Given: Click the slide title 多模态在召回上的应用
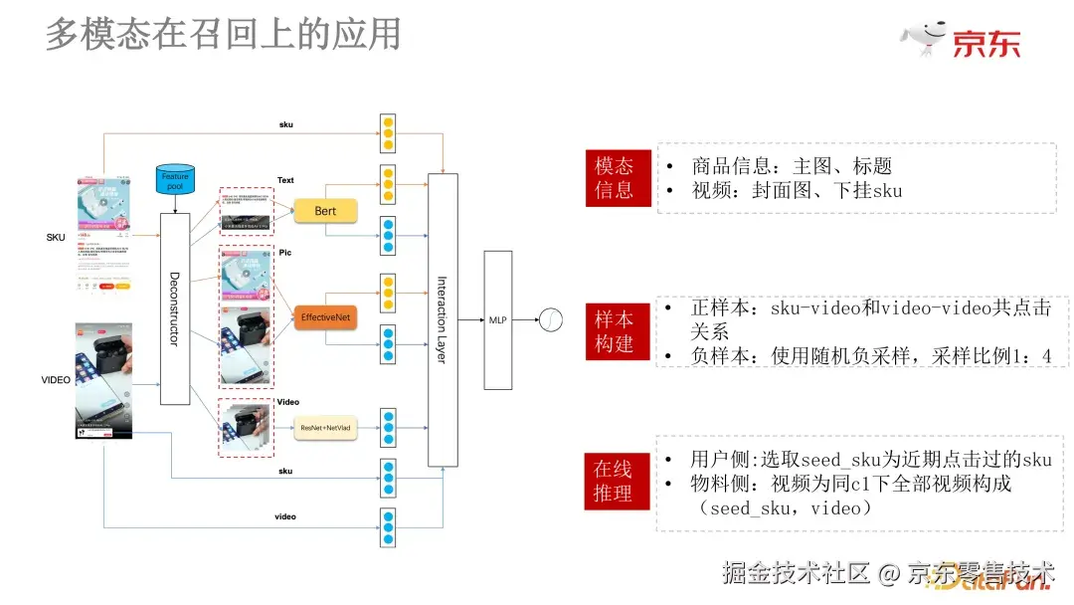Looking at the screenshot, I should pos(224,34).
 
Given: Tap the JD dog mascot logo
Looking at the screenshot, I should pos(924,38).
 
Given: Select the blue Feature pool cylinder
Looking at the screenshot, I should pos(175,181).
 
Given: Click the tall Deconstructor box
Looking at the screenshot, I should pos(175,308).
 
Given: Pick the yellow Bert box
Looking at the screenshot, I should pos(325,211).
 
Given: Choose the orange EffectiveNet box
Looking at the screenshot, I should pos(325,317).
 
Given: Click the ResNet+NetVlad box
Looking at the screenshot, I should pos(325,429).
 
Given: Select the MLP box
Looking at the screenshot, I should pos(497,319).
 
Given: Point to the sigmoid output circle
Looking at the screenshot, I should pos(550,320).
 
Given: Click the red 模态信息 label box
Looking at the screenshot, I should pos(614,178).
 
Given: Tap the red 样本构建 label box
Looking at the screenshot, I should pos(614,331).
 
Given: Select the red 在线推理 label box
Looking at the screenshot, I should pos(614,481).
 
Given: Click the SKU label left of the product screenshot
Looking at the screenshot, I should pos(56,238).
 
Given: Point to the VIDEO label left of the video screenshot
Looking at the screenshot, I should pos(56,380).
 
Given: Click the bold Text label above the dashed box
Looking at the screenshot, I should pos(285,180).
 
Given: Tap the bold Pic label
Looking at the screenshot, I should pos(285,253).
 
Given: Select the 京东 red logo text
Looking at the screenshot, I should pos(986,44).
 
